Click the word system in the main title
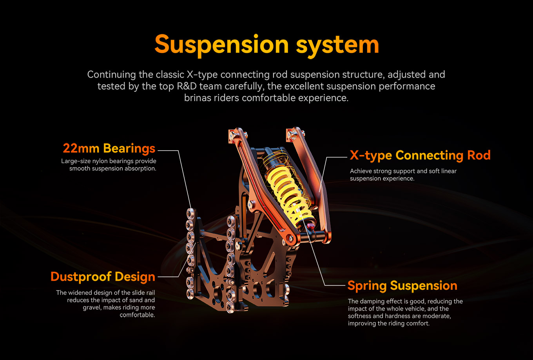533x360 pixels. click(337, 45)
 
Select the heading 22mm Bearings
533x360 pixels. click(109, 149)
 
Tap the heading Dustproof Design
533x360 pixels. click(103, 277)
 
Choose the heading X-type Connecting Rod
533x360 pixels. click(420, 155)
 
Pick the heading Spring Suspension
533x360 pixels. click(402, 285)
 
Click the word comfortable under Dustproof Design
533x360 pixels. click(137, 315)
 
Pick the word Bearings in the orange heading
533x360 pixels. click(129, 149)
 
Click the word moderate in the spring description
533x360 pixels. click(436, 316)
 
